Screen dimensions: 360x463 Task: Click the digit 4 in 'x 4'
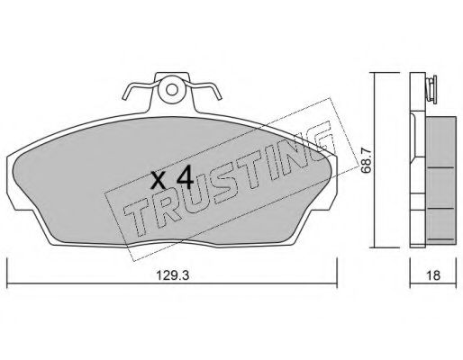click(x=185, y=176)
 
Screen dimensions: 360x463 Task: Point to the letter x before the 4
click(x=157, y=180)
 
